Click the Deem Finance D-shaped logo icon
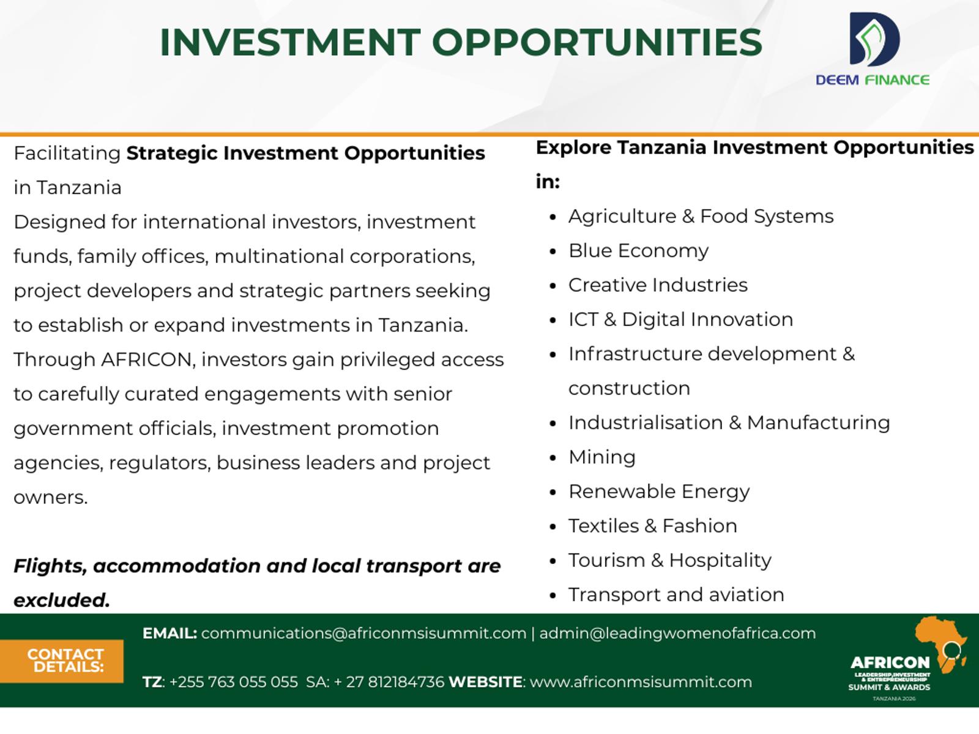874,39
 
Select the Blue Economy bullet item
638,250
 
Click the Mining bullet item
602,458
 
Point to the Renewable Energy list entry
659,492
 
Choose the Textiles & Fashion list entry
652,526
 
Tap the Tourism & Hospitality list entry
670,561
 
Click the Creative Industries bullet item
658,285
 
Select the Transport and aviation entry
676,595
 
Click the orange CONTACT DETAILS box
62,661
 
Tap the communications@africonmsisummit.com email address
363,633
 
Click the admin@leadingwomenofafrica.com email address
677,633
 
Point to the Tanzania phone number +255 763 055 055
233,682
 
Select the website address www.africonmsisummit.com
641,682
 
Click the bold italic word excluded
62,600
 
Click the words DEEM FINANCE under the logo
873,80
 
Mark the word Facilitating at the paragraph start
67,154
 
